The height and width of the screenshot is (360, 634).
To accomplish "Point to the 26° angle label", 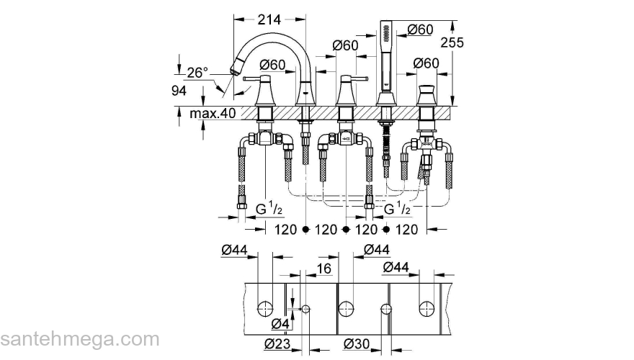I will tap(197, 72).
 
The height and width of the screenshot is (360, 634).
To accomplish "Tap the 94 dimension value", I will tap(179, 91).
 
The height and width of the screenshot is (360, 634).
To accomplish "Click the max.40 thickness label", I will tap(213, 114).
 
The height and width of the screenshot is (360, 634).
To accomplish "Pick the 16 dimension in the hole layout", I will tap(323, 269).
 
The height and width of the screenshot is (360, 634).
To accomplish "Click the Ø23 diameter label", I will tap(277, 343).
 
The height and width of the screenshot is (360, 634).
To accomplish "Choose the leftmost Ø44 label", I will tap(236, 251).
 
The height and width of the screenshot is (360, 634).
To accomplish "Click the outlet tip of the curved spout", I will tap(233, 70).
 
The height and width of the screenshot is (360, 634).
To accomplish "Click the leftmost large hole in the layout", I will tap(265, 309).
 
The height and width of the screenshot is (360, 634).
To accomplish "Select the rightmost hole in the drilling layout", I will tap(427, 309).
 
